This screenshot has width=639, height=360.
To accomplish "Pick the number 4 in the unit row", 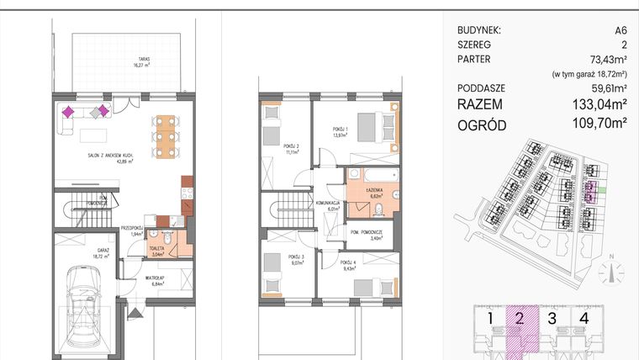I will (583, 318).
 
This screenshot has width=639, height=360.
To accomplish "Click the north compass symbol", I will (612, 272).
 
